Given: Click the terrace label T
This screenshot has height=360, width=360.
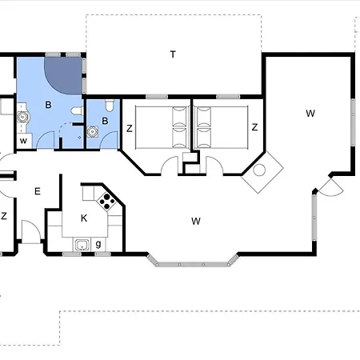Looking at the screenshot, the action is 173,54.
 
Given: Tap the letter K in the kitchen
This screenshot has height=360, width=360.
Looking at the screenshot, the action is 84,218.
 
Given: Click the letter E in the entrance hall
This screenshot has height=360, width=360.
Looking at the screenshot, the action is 38,191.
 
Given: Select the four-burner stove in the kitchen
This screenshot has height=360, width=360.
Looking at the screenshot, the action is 106,202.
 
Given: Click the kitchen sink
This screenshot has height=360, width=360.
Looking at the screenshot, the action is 82,245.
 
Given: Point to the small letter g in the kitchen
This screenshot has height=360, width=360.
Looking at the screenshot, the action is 98,244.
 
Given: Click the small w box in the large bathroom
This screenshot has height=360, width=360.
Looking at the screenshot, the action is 23,141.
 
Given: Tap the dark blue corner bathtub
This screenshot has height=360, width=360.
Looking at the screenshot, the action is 63,76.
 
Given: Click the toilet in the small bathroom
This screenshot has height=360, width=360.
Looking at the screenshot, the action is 110,105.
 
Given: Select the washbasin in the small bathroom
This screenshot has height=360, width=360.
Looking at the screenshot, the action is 92,132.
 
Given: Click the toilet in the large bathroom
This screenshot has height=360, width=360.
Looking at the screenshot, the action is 78,111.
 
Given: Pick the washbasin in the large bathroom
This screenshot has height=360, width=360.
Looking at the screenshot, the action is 22,117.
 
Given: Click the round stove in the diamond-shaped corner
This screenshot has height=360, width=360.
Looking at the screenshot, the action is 259,170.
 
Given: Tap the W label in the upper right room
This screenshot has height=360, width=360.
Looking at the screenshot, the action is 310,114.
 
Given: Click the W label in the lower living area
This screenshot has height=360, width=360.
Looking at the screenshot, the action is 196,221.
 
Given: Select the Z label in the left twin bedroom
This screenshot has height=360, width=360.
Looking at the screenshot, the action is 130,129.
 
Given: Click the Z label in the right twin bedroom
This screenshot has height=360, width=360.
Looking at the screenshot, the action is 254,127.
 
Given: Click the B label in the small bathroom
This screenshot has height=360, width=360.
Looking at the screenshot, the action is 105,121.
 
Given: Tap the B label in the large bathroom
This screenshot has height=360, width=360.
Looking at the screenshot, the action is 48,105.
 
